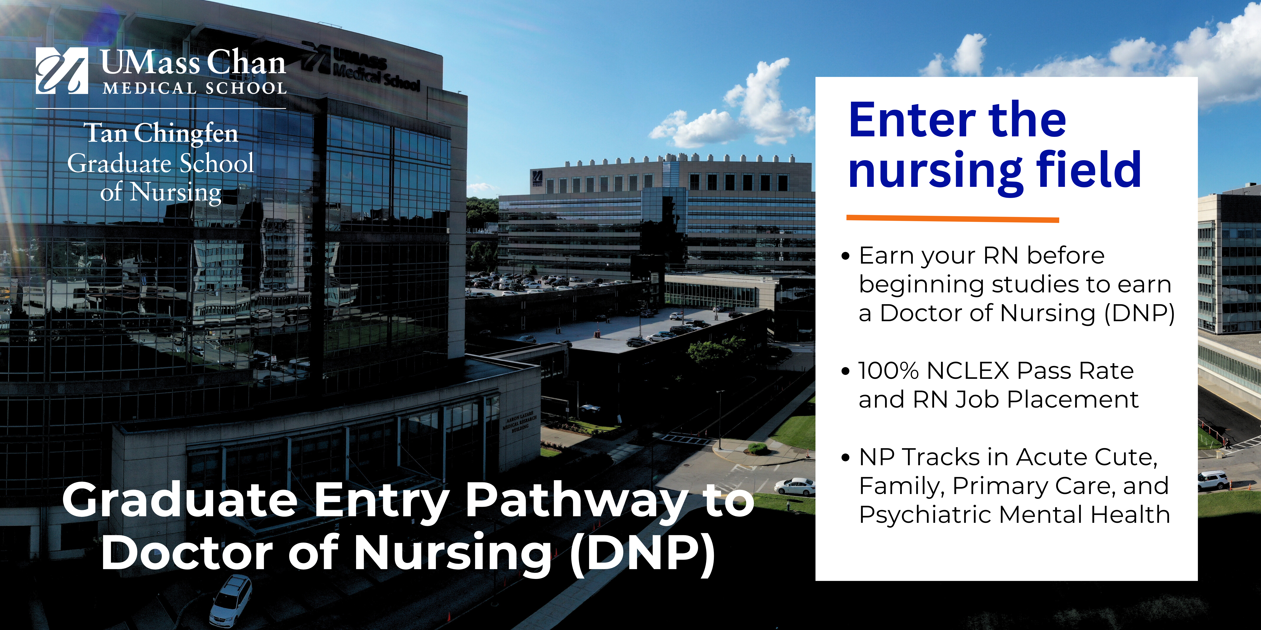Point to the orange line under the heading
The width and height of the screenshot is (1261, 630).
(953, 219)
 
